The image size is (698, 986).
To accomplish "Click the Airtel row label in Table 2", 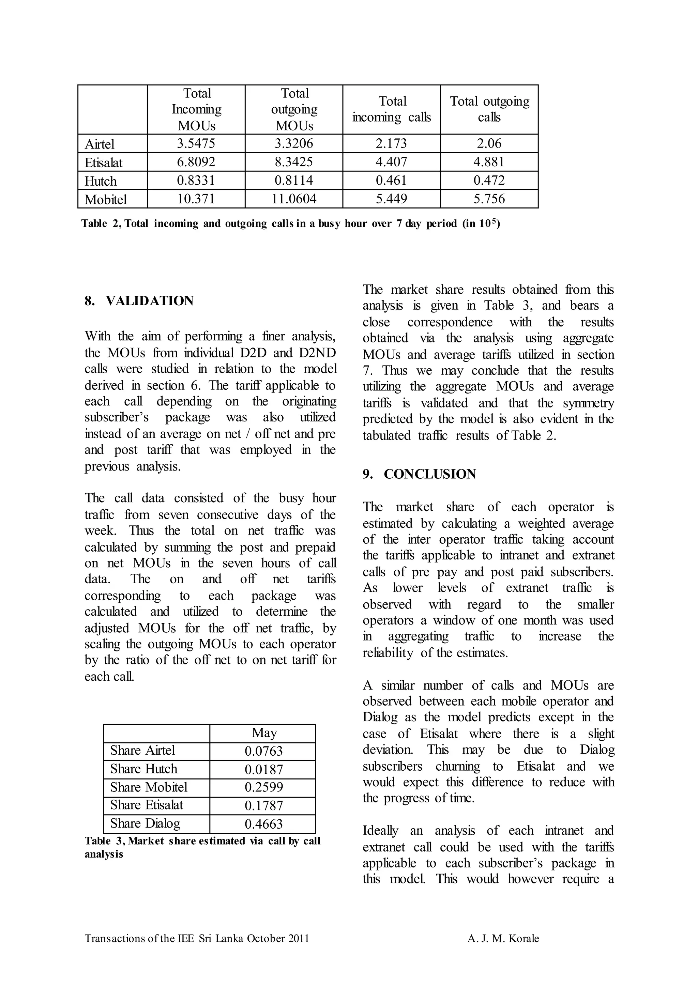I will (100, 144).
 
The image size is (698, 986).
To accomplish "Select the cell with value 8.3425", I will (294, 162).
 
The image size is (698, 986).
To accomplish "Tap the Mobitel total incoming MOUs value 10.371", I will (196, 199).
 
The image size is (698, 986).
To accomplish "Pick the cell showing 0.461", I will (391, 181).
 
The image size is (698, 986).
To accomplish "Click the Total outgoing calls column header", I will (489, 109).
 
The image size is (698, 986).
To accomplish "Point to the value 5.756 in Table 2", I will (489, 199).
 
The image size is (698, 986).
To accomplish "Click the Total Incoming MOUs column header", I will (196, 109).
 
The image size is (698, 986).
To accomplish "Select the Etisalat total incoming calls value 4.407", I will (391, 162).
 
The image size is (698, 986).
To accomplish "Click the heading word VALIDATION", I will (149, 301).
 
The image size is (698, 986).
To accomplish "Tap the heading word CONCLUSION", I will (429, 474).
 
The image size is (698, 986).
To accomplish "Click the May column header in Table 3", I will (264, 733).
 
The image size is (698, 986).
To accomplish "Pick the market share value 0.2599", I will (264, 787).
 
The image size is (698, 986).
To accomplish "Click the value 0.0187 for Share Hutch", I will (264, 769).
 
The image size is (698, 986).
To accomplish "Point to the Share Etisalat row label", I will (147, 805).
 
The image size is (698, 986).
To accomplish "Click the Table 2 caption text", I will (290, 224).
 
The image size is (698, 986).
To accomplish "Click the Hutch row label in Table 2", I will (101, 181).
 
